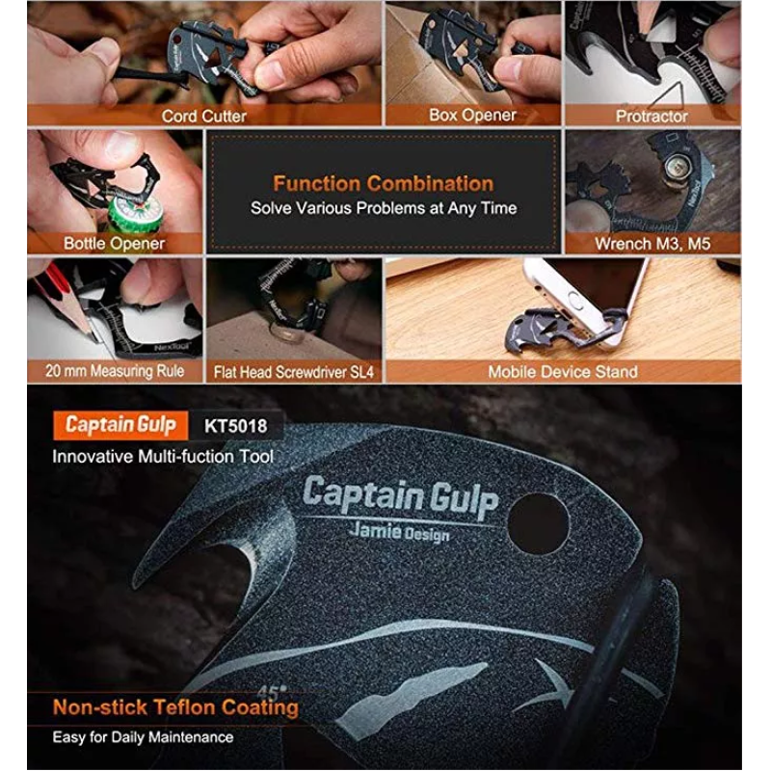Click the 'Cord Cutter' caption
pyautogui.click(x=203, y=117)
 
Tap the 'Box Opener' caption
pyautogui.click(x=472, y=115)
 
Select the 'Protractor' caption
pyautogui.click(x=651, y=116)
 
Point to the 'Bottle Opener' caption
pyautogui.click(x=114, y=244)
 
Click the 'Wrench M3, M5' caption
pyautogui.click(x=651, y=244)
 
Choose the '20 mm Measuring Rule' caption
pyautogui.click(x=114, y=370)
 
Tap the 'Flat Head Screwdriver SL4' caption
pyautogui.click(x=293, y=371)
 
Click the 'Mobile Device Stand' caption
pyautogui.click(x=562, y=371)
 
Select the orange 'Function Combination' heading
pyautogui.click(x=383, y=183)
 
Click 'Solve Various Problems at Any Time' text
pyautogui.click(x=383, y=207)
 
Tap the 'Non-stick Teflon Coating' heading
pyautogui.click(x=175, y=707)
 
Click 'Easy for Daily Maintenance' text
pyautogui.click(x=143, y=737)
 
